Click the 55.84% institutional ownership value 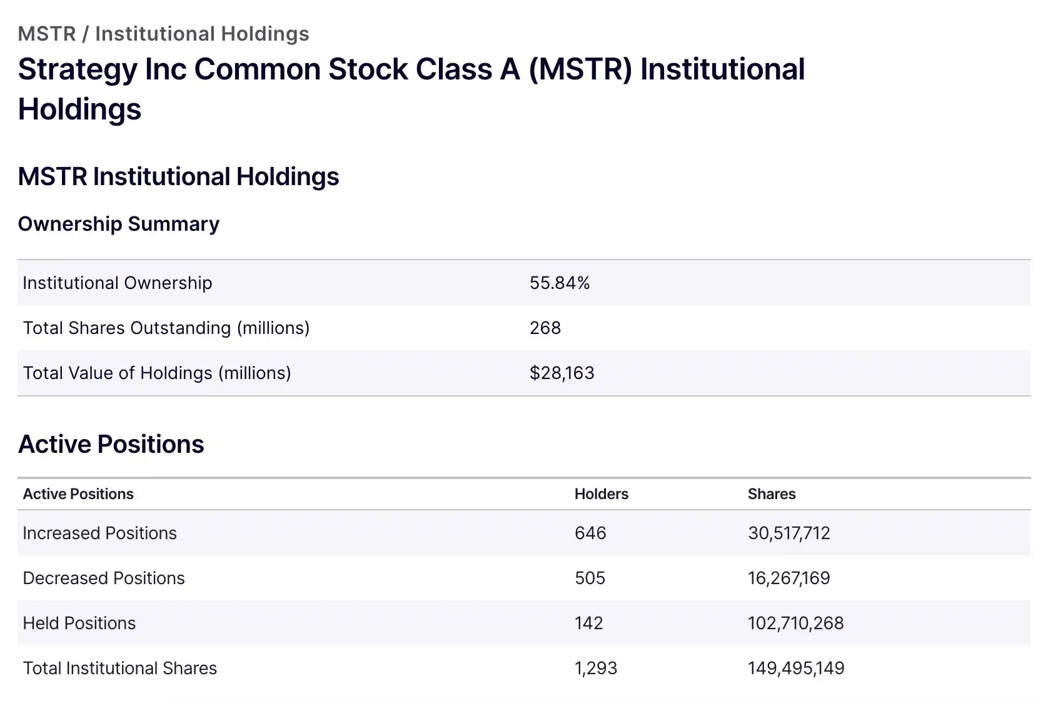pos(560,283)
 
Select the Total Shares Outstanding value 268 pos(545,328)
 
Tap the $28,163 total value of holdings pos(562,373)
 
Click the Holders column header pos(601,494)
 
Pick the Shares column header pos(772,494)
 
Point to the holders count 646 pos(590,534)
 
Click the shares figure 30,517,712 pos(789,534)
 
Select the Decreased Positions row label pos(104,579)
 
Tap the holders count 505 pos(590,579)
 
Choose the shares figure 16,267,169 pos(789,579)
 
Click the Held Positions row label pos(79,624)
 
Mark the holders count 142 pos(588,624)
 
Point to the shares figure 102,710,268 pos(795,624)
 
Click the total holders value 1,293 pos(595,669)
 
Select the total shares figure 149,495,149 pos(795,669)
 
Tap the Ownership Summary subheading pos(119,224)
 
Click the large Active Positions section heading pos(111,445)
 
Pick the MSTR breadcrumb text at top pos(47,34)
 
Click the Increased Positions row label pos(100,534)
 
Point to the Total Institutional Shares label pos(120,669)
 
